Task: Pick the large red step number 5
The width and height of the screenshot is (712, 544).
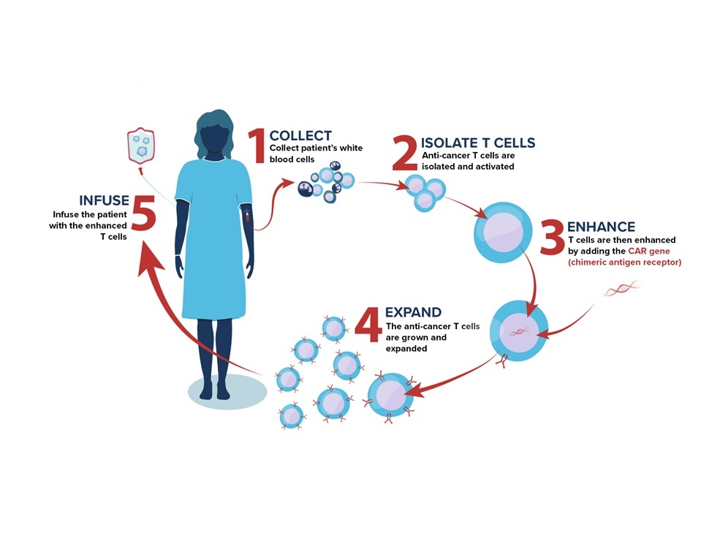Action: pyautogui.click(x=144, y=216)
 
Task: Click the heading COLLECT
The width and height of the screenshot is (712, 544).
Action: pyautogui.click(x=300, y=135)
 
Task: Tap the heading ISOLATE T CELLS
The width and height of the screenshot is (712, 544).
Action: pyautogui.click(x=478, y=142)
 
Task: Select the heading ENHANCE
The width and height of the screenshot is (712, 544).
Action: pyautogui.click(x=601, y=227)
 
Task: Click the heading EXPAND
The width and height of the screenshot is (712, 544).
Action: pyautogui.click(x=413, y=312)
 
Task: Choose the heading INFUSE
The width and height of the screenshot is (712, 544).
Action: pyautogui.click(x=104, y=200)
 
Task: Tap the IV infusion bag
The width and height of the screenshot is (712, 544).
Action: pyautogui.click(x=141, y=146)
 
